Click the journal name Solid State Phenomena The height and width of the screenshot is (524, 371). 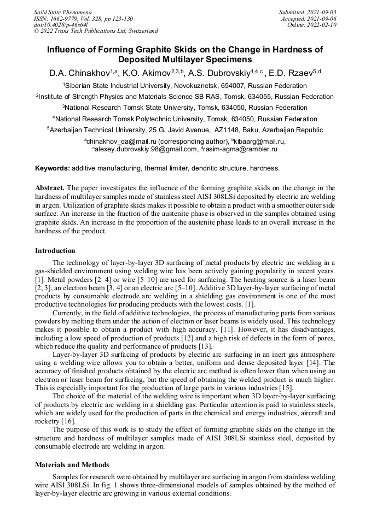point(62,11)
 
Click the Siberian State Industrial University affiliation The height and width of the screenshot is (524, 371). point(185,86)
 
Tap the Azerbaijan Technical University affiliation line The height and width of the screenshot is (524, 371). point(185,130)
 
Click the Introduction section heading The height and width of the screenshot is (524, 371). point(55,251)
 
